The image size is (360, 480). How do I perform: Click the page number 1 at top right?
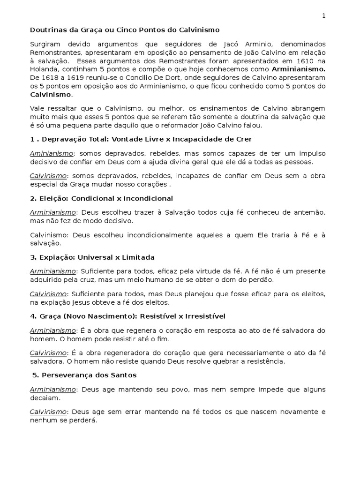point(323,16)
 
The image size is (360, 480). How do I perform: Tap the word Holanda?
point(45,69)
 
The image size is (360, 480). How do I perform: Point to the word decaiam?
point(45,398)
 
